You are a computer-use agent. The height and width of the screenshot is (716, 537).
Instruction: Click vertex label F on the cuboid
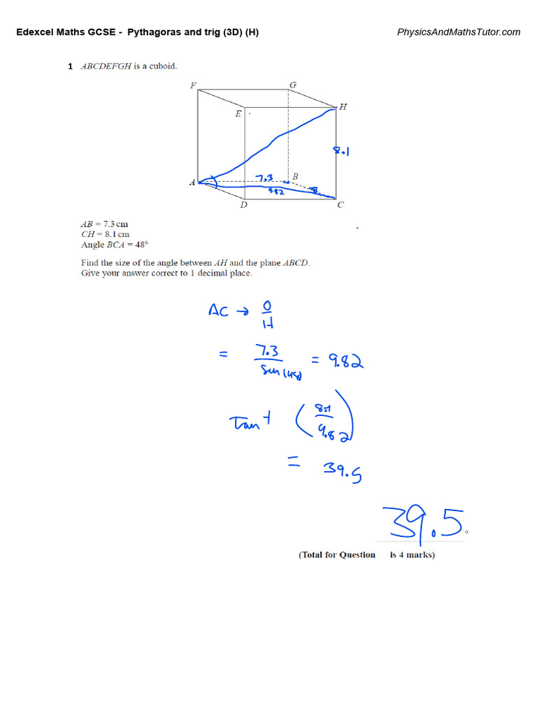coord(193,86)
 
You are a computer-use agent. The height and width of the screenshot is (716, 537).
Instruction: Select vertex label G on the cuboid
coord(293,85)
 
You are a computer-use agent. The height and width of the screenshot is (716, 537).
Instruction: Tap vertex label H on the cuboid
coord(343,107)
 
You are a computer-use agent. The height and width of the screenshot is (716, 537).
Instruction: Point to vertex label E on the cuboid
coord(238,113)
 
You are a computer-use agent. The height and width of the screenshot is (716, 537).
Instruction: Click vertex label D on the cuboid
coord(243,205)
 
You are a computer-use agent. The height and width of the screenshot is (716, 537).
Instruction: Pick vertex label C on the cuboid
coord(341,205)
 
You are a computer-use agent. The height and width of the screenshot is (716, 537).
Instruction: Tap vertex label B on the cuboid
coord(295,177)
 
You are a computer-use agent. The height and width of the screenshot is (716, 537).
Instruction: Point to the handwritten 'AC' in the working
coord(219,310)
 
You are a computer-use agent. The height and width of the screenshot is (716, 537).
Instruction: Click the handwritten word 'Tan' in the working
coord(245,422)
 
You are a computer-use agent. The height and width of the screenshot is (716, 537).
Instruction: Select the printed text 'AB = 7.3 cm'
coord(105,224)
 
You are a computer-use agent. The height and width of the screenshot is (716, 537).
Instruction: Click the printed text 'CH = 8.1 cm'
coord(105,234)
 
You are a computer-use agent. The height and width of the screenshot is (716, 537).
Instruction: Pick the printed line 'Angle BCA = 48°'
coord(115,245)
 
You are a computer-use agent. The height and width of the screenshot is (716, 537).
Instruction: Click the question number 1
coord(70,66)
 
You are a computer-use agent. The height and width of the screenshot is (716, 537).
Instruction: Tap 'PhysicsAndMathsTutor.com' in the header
coord(459,32)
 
